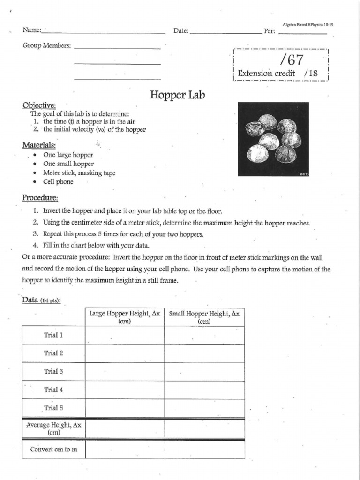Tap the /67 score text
291,60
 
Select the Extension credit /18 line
278,73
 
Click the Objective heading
39,105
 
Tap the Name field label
32,30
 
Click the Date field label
181,31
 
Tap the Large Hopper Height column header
124,317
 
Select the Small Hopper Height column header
204,317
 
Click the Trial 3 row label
53,372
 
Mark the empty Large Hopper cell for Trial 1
124,336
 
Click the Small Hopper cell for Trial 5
204,408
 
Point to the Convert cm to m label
53,449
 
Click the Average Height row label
53,428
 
